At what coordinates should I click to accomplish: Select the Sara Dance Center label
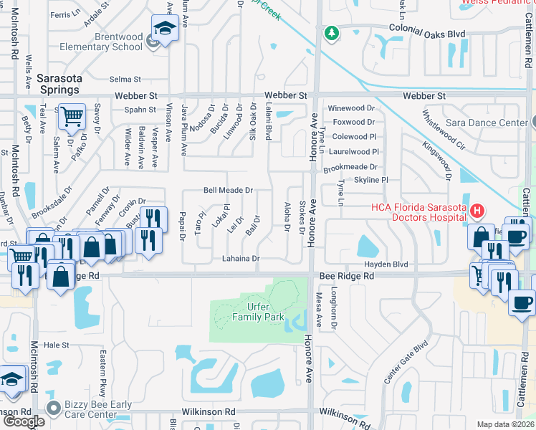coord(487,123)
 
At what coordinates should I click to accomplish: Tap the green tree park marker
coord(331,33)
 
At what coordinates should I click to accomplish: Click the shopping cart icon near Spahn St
coord(72,116)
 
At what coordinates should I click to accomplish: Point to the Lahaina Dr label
coord(240,259)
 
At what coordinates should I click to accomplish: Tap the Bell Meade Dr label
coord(228,191)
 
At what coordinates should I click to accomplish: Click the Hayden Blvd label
coord(390,264)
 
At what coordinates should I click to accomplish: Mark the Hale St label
coord(56,345)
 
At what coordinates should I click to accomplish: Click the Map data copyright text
coord(506,424)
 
